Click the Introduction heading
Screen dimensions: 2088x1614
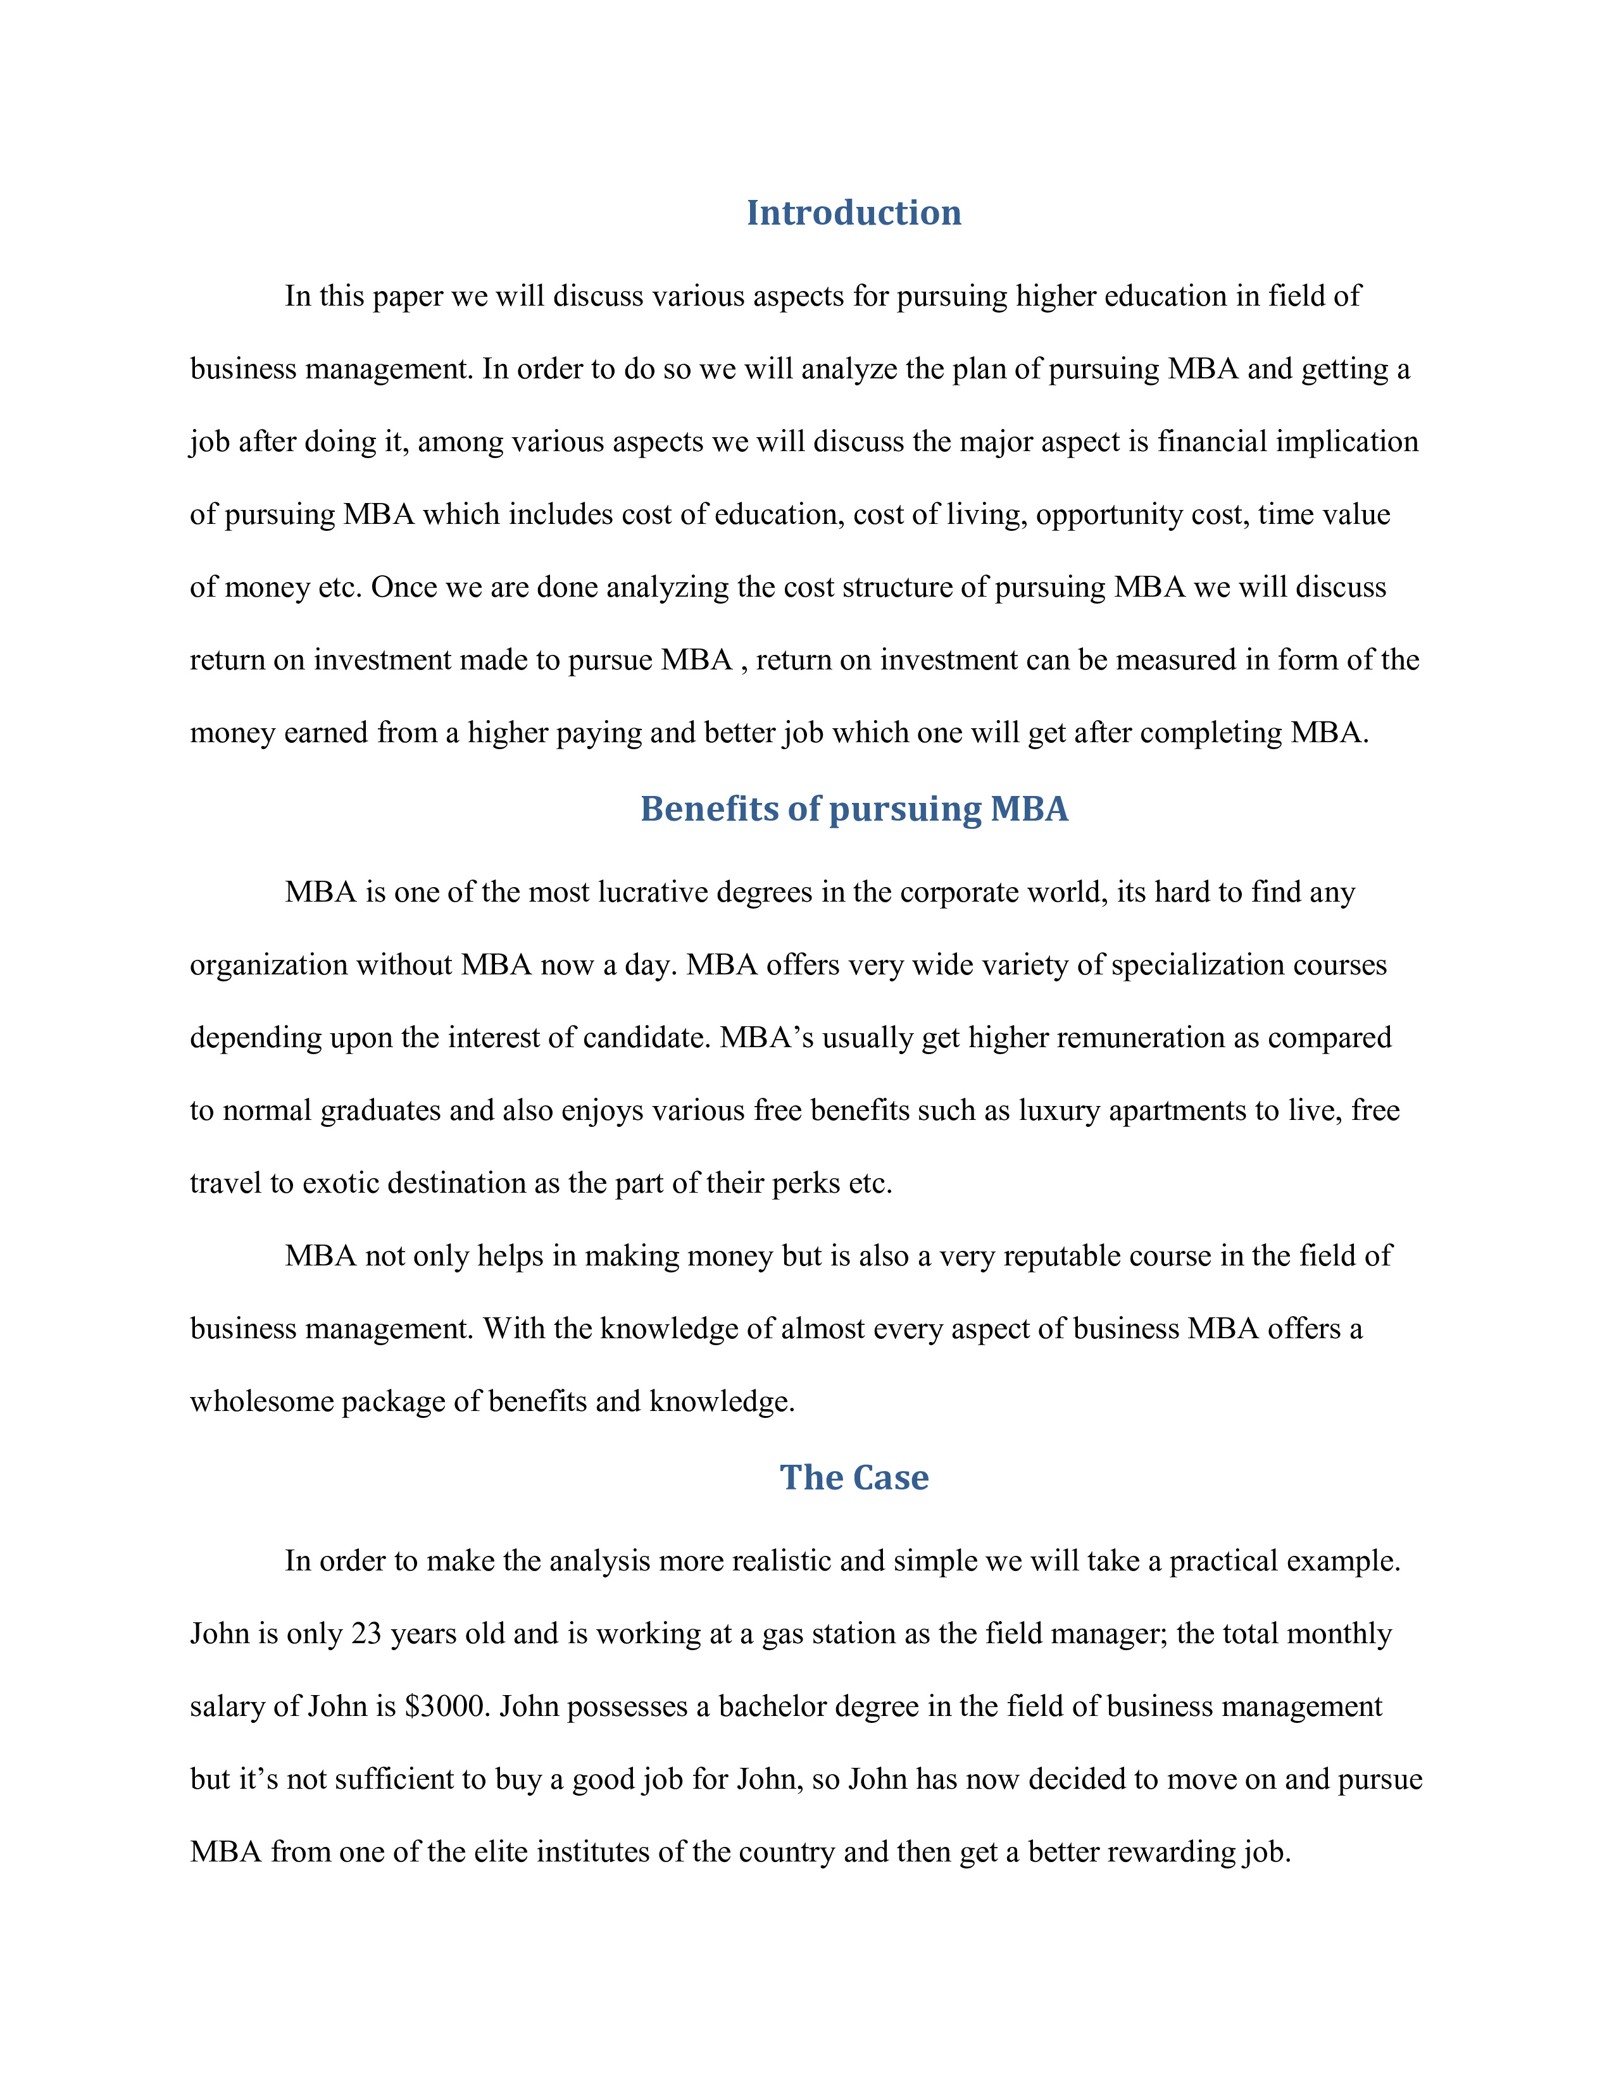pos(853,212)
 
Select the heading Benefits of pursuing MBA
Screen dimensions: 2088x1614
pos(853,809)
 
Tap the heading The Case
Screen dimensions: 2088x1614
pos(853,1477)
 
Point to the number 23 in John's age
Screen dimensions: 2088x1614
pos(366,1634)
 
